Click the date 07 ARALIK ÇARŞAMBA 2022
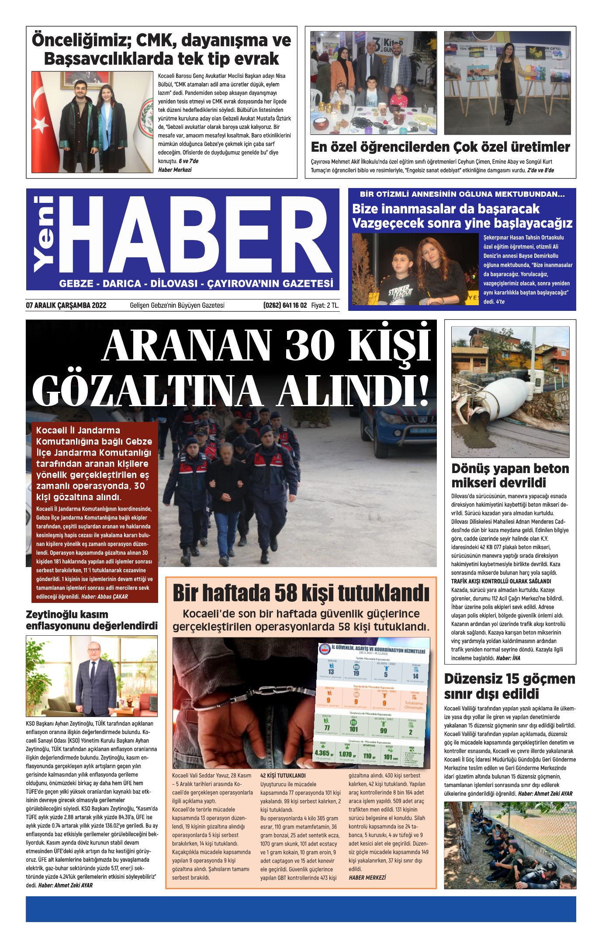[66, 305]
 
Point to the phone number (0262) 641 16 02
[285, 305]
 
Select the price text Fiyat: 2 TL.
[325, 305]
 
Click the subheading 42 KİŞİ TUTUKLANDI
[283, 776]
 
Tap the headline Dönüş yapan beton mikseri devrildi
[510, 475]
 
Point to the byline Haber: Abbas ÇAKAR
[104, 596]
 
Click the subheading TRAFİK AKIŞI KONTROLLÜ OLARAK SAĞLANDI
[501, 581]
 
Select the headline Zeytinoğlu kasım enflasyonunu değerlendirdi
[91, 620]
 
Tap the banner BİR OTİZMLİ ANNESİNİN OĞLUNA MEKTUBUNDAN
[462, 194]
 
